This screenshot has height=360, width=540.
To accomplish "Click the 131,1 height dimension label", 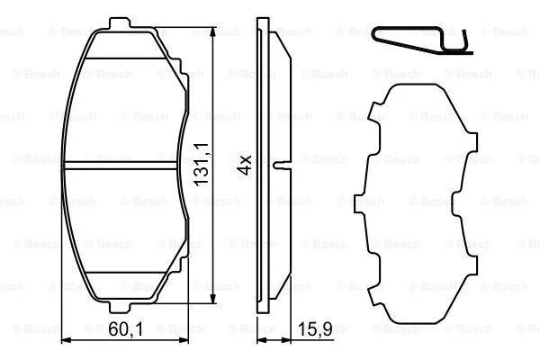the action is point(202,165).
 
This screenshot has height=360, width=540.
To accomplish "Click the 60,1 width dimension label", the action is point(126,329).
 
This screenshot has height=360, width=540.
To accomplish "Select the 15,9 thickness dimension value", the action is point(315,329).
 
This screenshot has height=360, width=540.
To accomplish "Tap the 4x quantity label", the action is point(245,165).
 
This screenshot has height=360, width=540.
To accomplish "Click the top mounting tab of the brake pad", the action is point(120,23).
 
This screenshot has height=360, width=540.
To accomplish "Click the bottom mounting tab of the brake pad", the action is point(120,308).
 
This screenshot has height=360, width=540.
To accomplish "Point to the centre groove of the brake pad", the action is point(121,166).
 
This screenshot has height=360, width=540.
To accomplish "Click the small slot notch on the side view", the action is point(283,166).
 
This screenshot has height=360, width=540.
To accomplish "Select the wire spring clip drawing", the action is point(422,40).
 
